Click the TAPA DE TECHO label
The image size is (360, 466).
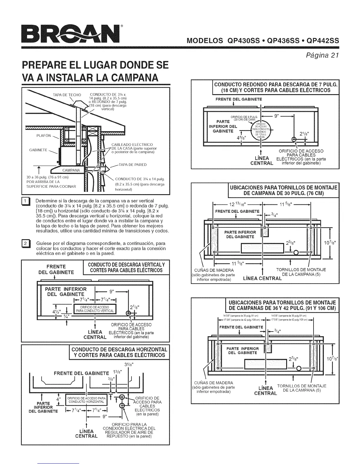(67, 95)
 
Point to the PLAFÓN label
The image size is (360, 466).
(44, 136)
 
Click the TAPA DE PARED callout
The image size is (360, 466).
(133, 164)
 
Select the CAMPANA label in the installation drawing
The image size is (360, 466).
(71, 170)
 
